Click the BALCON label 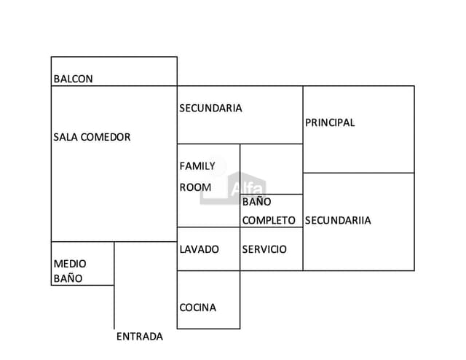pyautogui.click(x=73, y=79)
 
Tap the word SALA pyautogui.click(x=66, y=137)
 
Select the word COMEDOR pyautogui.click(x=106, y=137)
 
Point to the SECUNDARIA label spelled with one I pyautogui.click(x=210, y=108)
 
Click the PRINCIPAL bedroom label pyautogui.click(x=330, y=122)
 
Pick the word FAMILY pyautogui.click(x=197, y=166)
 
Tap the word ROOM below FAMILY pyautogui.click(x=195, y=187)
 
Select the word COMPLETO pyautogui.click(x=269, y=220)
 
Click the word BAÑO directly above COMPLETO pyautogui.click(x=256, y=202)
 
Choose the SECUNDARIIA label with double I pyautogui.click(x=338, y=220)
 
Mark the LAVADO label pyautogui.click(x=199, y=249)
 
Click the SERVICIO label pyautogui.click(x=264, y=249)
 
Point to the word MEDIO pyautogui.click(x=70, y=264)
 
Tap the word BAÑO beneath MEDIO pyautogui.click(x=68, y=278)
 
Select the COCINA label pyautogui.click(x=198, y=308)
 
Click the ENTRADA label pyautogui.click(x=140, y=337)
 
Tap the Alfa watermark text pyautogui.click(x=248, y=188)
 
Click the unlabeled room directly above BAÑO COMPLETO pyautogui.click(x=271, y=168)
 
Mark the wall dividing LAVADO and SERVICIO pyautogui.click(x=240, y=249)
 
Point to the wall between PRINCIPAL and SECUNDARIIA pyautogui.click(x=358, y=173)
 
